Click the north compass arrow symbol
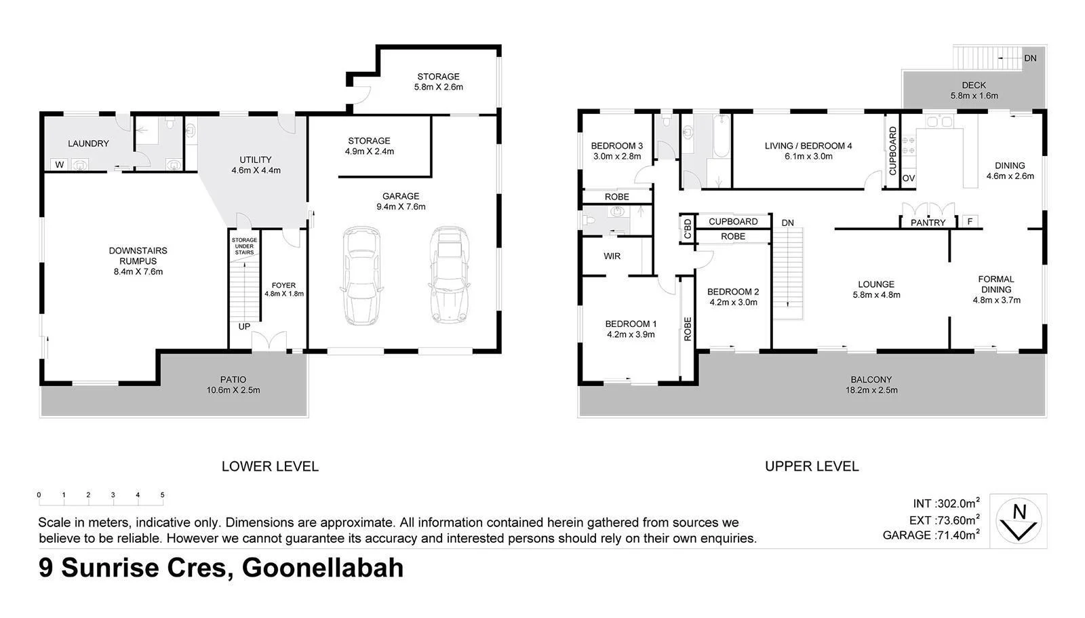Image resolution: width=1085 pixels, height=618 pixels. [1019, 521]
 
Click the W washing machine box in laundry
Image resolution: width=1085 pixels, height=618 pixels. [60, 164]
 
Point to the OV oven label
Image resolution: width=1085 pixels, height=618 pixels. [909, 178]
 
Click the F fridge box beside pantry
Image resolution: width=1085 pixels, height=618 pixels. [970, 221]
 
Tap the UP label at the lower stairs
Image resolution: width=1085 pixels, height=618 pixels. [244, 326]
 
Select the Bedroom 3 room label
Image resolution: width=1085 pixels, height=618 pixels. [616, 146]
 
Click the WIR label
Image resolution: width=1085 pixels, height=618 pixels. [612, 256]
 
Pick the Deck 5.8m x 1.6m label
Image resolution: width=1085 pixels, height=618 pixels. [974, 90]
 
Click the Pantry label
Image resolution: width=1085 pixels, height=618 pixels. [928, 223]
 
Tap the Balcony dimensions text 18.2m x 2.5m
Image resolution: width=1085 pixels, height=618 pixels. [871, 390]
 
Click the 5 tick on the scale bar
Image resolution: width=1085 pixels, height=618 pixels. [162, 495]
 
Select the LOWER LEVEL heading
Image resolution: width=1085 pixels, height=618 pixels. [270, 466]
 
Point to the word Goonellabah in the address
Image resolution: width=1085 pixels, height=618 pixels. [323, 567]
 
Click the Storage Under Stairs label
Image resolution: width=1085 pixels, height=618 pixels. [244, 246]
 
